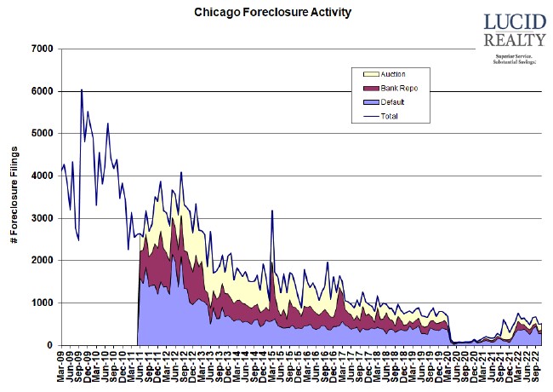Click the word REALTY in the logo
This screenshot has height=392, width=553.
pyautogui.click(x=514, y=40)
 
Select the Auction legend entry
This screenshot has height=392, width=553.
pyautogui.click(x=393, y=74)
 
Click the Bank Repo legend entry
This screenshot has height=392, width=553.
pyautogui.click(x=397, y=88)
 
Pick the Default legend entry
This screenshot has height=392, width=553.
pyautogui.click(x=392, y=101)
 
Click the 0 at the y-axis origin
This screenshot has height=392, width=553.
pyautogui.click(x=50, y=345)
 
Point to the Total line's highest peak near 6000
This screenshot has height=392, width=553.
pyautogui.click(x=82, y=89)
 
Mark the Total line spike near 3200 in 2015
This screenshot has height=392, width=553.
pyautogui.click(x=272, y=210)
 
